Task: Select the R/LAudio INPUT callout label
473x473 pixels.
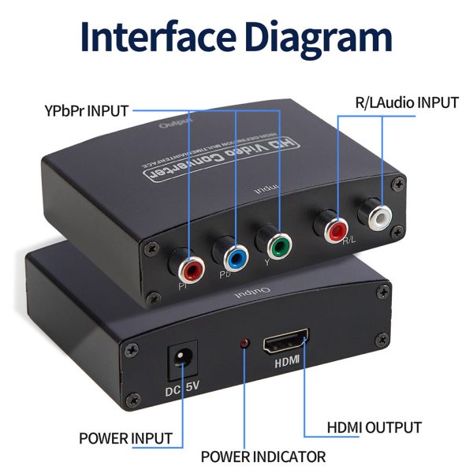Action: click(x=404, y=102)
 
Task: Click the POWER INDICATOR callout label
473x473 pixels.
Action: click(x=263, y=456)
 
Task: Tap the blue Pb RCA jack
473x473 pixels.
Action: click(x=233, y=255)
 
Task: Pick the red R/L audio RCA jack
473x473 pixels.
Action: click(x=334, y=228)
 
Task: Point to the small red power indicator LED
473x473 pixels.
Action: click(x=245, y=344)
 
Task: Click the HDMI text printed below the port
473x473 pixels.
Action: click(x=286, y=365)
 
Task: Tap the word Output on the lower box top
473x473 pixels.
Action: click(x=254, y=293)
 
